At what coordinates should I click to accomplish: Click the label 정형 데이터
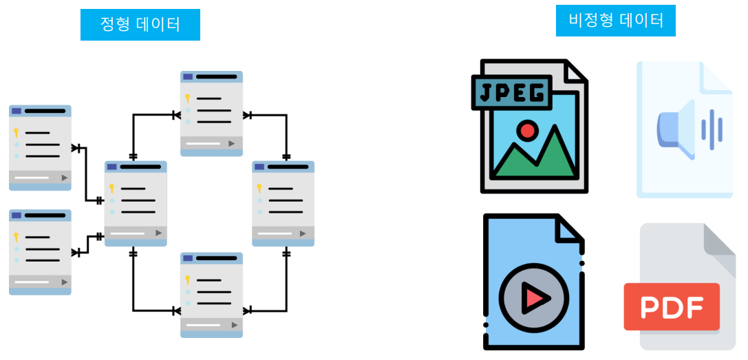tap(140, 25)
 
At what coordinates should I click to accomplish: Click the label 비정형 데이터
tap(616, 21)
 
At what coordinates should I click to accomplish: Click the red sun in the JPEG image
tap(528, 130)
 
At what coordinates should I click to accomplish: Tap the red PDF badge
tap(671, 306)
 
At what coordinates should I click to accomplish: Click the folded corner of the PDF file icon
tap(720, 241)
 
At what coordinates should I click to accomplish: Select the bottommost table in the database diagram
tap(211, 295)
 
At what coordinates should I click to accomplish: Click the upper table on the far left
tap(40, 147)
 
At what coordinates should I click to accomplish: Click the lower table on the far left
tap(40, 252)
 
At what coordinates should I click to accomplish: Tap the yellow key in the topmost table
tap(186, 98)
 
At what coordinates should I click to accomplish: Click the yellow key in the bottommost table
tap(186, 279)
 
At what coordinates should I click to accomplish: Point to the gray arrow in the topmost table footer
tap(232, 143)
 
